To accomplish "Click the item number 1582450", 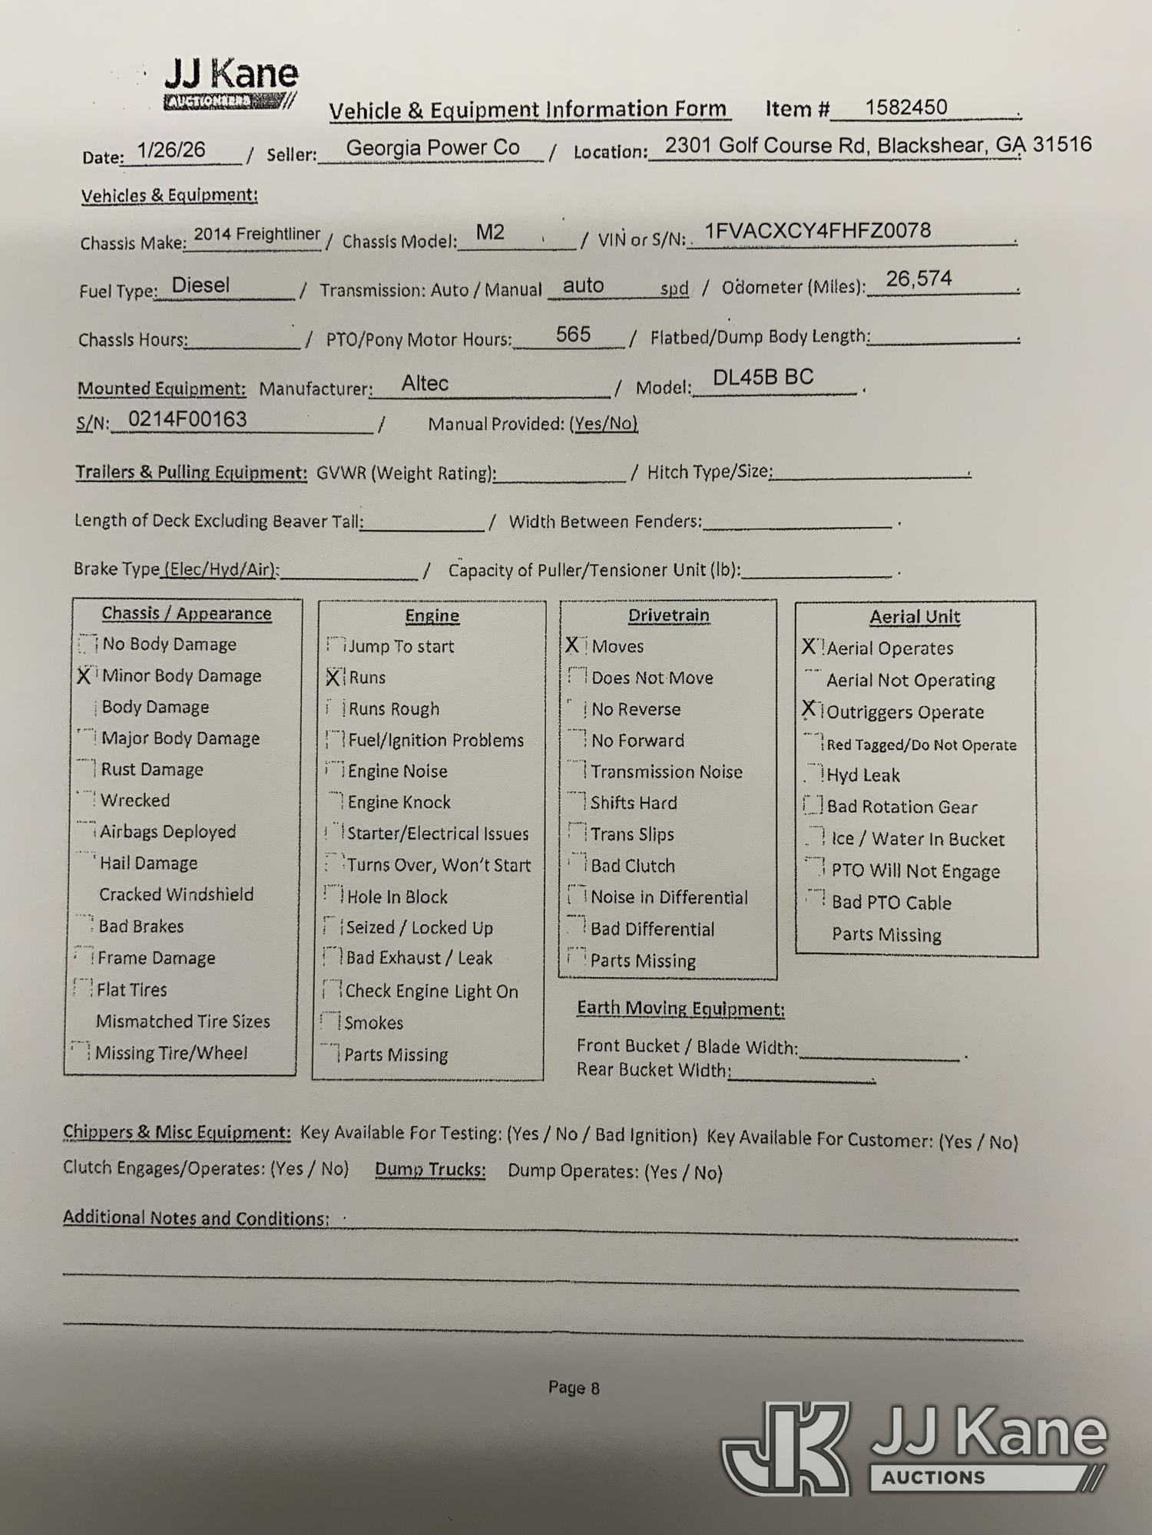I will [906, 107].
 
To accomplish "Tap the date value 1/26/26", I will [171, 150].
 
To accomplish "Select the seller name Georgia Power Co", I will [432, 147].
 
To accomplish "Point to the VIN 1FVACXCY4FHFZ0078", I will [818, 231].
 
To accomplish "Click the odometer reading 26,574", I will [919, 279].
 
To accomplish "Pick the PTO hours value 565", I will [573, 335].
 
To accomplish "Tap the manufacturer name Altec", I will [425, 383].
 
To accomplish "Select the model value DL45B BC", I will [763, 378].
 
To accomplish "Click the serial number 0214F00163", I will [187, 419].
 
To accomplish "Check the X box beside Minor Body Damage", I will [85, 675].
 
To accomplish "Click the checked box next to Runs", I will [333, 677].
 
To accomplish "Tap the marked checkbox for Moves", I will [573, 645].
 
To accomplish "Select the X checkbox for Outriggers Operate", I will [809, 710].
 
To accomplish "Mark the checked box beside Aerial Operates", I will [809, 647].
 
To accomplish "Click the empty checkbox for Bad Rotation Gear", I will [812, 805].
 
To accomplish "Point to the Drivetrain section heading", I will [668, 616].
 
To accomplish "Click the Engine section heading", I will [432, 616].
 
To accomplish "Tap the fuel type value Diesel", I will [200, 286].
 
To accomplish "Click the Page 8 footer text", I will [574, 1388].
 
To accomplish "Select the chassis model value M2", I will [490, 232].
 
